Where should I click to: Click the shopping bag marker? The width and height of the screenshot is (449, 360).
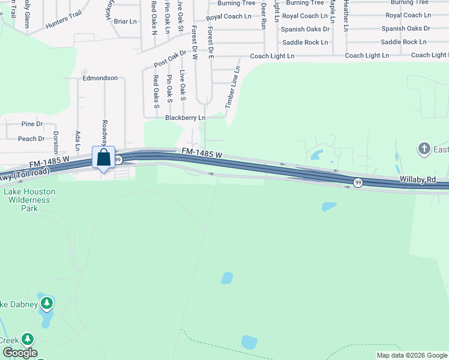(x=103, y=158)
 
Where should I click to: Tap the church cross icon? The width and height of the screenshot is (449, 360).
(x=424, y=148)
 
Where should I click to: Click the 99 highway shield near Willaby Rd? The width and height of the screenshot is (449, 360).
(x=358, y=183)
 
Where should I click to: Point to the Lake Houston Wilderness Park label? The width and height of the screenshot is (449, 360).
(x=29, y=200)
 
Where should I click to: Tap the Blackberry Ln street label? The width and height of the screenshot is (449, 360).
(x=185, y=118)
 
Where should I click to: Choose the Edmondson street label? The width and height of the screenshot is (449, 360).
(x=100, y=78)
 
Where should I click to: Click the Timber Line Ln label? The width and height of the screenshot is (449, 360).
(x=232, y=88)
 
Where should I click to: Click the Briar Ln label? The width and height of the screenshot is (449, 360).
(x=125, y=22)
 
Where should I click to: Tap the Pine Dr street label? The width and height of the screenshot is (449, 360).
(x=32, y=124)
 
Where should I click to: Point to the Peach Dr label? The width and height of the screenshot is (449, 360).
(x=31, y=139)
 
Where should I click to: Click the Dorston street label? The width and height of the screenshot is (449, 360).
(x=56, y=143)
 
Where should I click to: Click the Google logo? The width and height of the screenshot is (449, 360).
(x=20, y=353)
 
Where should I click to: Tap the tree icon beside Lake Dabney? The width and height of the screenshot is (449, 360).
(x=46, y=304)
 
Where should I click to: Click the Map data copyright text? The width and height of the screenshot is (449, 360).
(x=411, y=355)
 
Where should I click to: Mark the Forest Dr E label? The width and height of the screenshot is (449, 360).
(x=210, y=42)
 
